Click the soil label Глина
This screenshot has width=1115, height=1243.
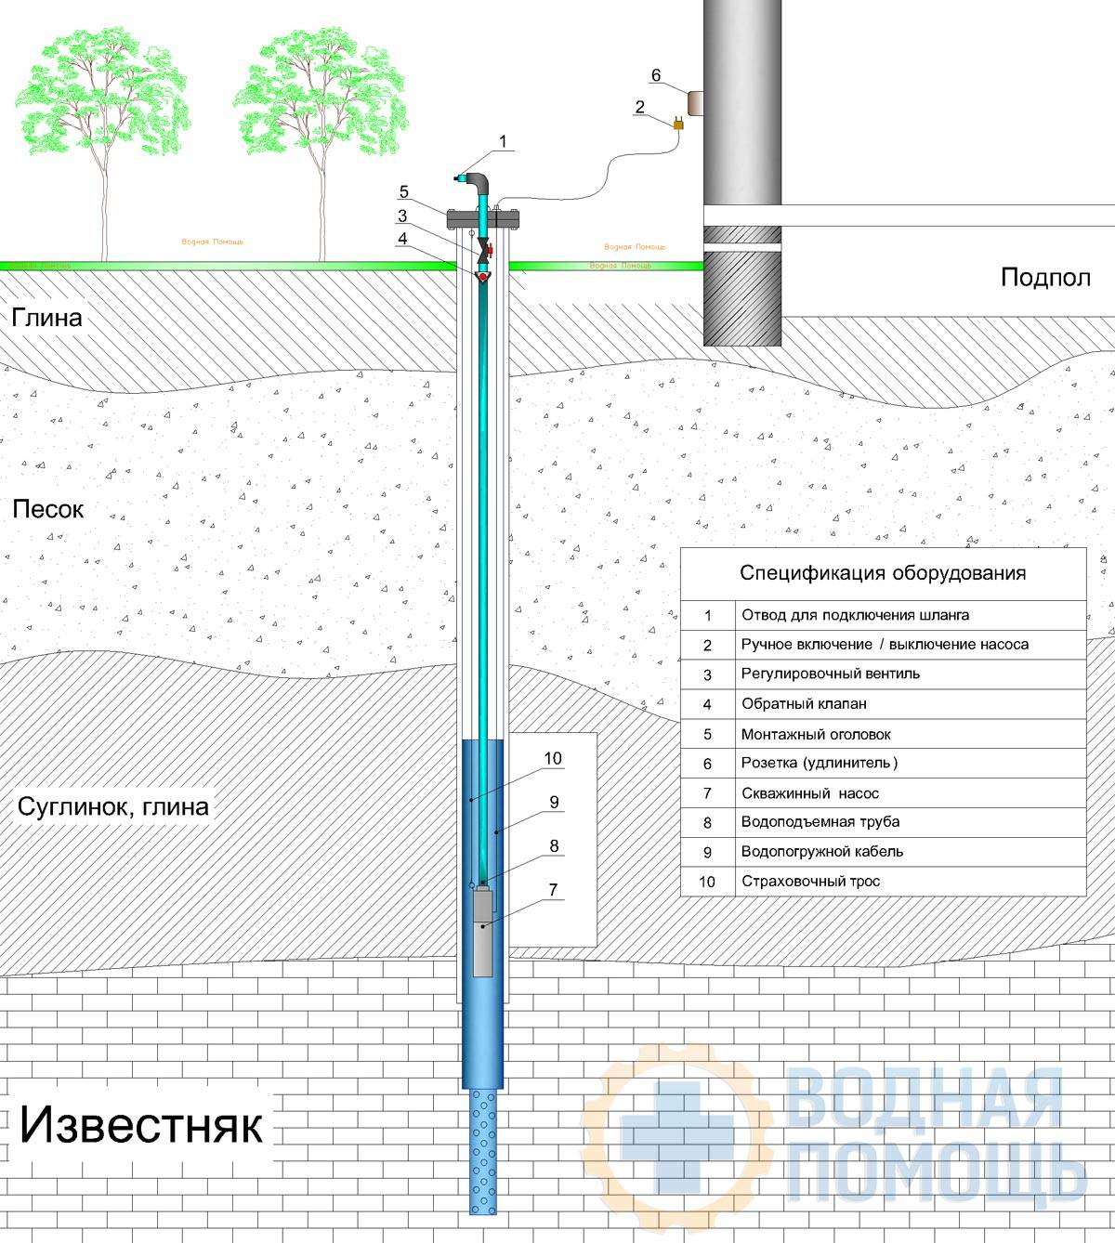(47, 318)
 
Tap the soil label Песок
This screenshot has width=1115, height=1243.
(48, 509)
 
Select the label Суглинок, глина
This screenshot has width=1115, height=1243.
(113, 806)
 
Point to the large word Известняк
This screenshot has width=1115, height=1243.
(141, 1125)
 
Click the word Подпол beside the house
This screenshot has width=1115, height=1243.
(1045, 278)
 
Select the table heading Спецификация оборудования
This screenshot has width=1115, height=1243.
(883, 572)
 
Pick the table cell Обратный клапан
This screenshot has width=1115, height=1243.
(804, 703)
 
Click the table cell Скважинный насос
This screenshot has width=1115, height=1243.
(810, 793)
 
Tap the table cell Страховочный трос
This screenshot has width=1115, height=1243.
(810, 882)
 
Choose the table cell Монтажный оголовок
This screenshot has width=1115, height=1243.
(816, 735)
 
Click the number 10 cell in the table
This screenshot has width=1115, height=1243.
(707, 882)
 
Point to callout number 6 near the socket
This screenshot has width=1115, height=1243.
(656, 75)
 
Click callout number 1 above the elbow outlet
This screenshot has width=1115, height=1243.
(504, 141)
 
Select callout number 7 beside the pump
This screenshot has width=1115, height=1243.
(553, 890)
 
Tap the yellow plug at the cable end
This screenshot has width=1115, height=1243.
(678, 124)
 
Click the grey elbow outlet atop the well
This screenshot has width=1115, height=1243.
(479, 181)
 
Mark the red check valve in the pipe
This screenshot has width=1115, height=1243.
(483, 278)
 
